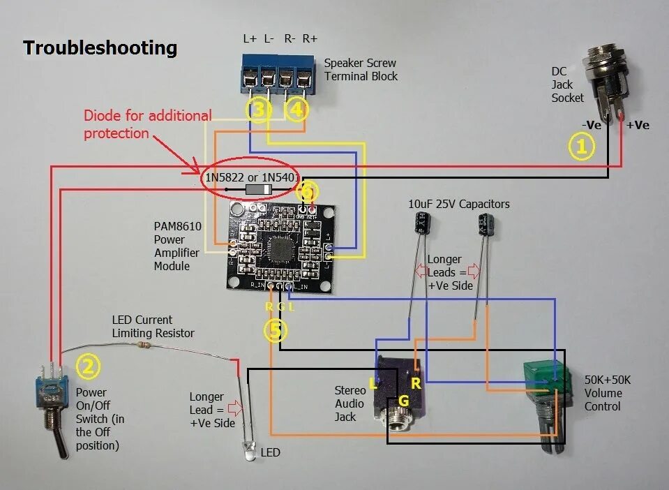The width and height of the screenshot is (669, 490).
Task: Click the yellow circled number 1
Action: (x=581, y=147)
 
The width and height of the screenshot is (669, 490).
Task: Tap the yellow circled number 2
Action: (x=88, y=366)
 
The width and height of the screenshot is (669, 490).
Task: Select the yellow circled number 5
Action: (x=276, y=331)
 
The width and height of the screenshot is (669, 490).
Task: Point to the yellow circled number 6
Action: (x=308, y=191)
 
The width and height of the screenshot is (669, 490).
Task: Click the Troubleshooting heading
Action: (x=100, y=48)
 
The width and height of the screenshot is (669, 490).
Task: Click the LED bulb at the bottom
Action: (x=248, y=450)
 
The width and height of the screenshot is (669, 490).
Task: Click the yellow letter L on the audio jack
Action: (x=374, y=383)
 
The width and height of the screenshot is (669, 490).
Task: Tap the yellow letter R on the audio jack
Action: (x=416, y=383)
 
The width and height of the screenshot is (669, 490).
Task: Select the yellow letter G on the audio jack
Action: (x=403, y=401)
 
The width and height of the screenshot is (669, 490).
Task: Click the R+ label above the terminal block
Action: (x=310, y=39)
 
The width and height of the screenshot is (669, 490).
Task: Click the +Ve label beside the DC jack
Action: (x=638, y=125)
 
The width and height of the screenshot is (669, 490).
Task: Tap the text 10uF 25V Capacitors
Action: (x=458, y=205)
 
